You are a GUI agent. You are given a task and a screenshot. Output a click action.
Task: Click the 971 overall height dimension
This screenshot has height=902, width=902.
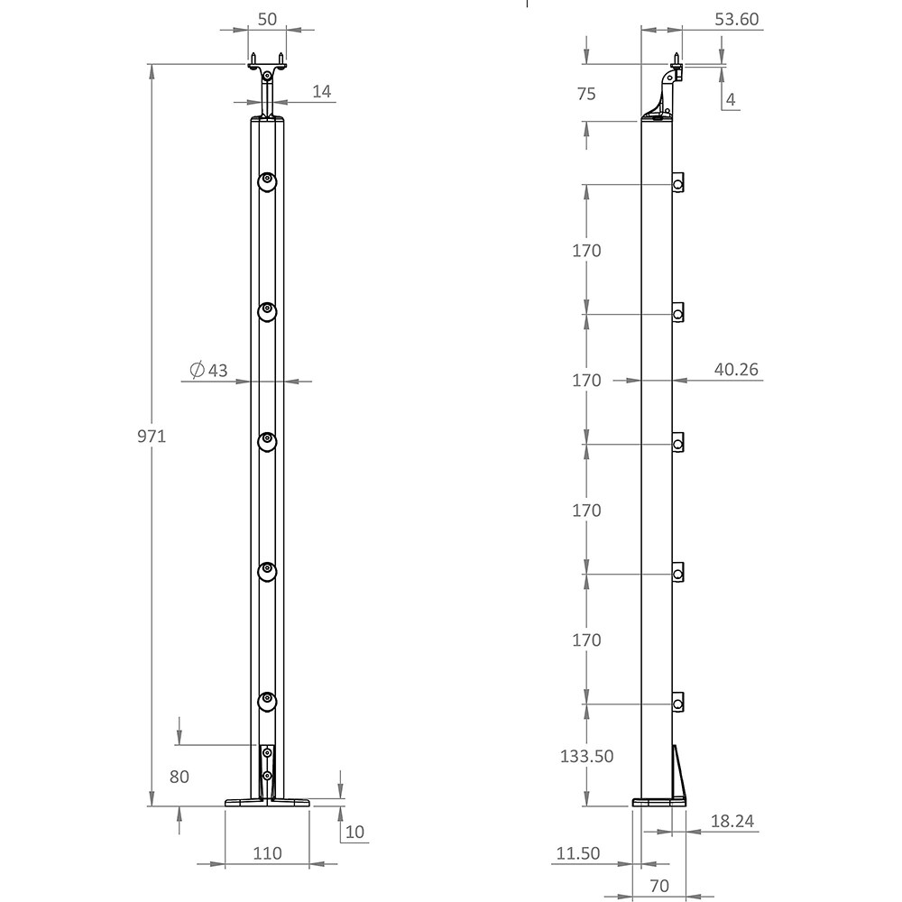pos(152,437)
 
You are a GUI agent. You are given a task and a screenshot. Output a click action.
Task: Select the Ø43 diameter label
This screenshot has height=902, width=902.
pos(209,370)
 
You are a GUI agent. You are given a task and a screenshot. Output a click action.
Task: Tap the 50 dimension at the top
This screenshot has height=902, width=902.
pos(267,18)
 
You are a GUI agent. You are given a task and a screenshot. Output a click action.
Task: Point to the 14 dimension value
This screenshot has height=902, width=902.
pos(322,90)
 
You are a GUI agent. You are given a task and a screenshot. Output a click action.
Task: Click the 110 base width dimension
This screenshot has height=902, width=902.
pos(267,852)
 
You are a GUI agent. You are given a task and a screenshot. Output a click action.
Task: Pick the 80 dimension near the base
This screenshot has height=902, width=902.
pos(179,776)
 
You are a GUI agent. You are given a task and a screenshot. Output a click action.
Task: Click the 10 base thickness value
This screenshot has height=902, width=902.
pos(354,831)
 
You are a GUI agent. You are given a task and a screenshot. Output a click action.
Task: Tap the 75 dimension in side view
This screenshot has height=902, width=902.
pos(586,93)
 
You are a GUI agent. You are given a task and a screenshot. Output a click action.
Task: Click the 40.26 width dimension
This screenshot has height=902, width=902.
pos(736,368)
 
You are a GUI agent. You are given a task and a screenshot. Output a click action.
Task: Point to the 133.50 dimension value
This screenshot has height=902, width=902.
pos(586,756)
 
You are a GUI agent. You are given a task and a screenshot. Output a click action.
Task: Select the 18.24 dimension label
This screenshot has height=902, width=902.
pos(732,821)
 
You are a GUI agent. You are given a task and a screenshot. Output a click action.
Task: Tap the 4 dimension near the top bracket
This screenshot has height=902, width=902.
pos(731,99)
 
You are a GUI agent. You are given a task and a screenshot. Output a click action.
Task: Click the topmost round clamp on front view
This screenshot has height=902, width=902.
pos(267,182)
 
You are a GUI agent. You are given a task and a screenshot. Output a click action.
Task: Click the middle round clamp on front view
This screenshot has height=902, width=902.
pos(267,441)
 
